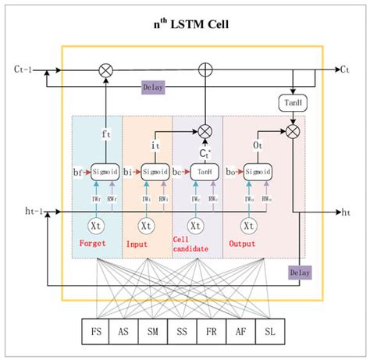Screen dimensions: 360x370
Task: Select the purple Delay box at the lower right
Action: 300,273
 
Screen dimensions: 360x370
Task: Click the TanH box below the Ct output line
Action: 290,104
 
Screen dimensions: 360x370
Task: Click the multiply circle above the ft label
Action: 105,70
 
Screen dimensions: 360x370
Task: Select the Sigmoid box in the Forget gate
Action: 105,170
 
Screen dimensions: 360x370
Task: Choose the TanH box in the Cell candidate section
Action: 205,170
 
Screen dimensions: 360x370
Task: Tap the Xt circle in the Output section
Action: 248,225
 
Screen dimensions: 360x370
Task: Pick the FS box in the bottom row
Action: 98,330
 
